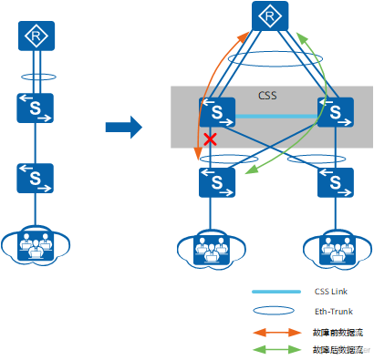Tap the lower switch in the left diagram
coord(35,180)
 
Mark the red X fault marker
coord(210,139)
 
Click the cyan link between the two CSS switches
coord(275,117)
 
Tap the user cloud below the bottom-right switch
coord(334,247)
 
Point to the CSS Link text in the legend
coord(331,292)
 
